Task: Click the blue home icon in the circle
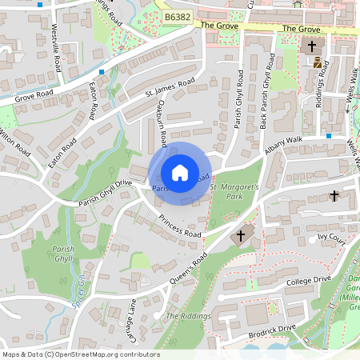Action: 180,172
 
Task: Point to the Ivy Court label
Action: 330,238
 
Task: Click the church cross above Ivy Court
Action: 334,196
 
